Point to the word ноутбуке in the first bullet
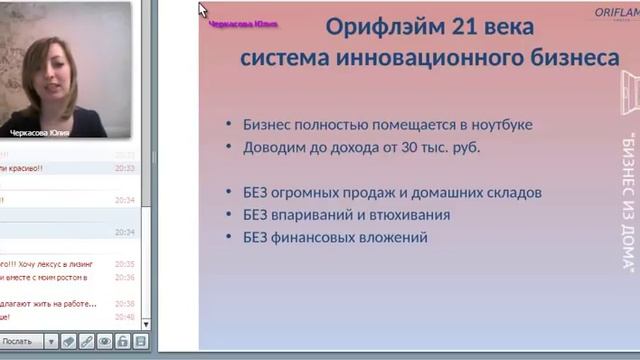[x=499, y=125]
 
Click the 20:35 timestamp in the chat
[x=124, y=264]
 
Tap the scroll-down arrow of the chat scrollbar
[x=146, y=323]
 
